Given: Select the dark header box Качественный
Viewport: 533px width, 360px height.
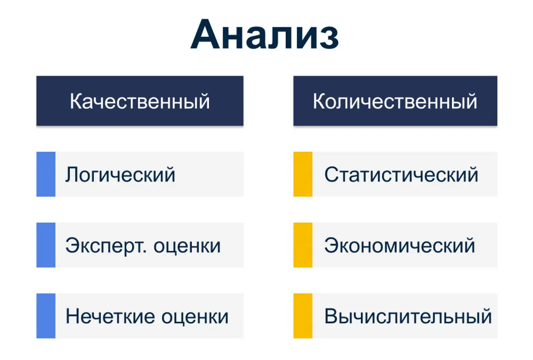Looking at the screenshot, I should coord(140,101).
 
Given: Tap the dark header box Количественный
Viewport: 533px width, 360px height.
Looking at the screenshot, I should coord(395,101).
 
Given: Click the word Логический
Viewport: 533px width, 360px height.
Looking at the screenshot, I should coord(120,175).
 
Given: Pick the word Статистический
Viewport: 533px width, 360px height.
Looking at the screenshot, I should coord(401,175).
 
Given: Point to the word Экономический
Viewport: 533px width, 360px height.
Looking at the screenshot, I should coord(400,246).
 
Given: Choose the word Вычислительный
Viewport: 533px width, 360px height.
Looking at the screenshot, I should coord(408,316).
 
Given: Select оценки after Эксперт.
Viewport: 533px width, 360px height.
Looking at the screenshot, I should coord(187,246).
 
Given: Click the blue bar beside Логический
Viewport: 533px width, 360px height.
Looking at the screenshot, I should coord(46,174).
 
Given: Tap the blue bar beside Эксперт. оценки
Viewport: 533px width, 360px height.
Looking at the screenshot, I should coord(46,245).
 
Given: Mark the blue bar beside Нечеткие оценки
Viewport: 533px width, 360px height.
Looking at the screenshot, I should coord(46,316).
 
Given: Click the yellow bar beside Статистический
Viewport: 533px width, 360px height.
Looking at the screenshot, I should coord(303,174).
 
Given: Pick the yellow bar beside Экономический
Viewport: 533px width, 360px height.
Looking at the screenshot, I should coord(303,245).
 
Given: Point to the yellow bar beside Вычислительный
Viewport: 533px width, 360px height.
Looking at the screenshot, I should coord(303,316).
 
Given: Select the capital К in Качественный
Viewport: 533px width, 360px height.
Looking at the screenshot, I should coord(76,101).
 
